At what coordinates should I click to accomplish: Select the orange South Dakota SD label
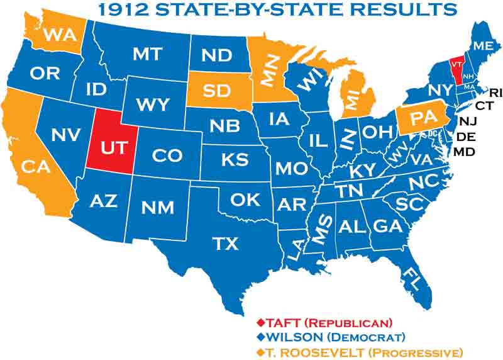[216, 91]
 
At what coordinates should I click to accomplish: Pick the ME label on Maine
[484, 46]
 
